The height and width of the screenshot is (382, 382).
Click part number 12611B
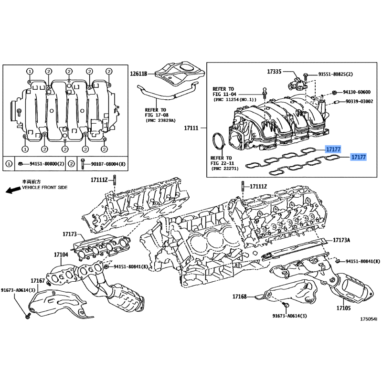click(138, 74)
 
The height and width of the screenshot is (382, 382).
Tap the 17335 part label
click(274, 72)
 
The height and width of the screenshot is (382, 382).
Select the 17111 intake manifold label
click(191, 128)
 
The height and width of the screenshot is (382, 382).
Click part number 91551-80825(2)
click(336, 74)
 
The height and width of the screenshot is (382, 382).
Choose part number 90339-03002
click(360, 101)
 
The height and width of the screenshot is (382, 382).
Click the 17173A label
click(341, 240)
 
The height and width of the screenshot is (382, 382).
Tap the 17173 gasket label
click(70, 234)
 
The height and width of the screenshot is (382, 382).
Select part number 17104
click(61, 255)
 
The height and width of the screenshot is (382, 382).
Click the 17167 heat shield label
click(38, 281)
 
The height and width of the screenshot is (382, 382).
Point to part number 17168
click(240, 297)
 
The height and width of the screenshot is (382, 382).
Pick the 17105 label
click(343, 308)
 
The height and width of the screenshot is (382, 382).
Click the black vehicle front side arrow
click(13, 190)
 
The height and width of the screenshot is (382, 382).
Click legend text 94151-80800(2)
click(47, 164)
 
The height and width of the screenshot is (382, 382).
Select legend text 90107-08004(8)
click(108, 164)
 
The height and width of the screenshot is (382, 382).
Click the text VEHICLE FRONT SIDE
click(44, 188)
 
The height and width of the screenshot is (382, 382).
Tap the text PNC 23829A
click(161, 121)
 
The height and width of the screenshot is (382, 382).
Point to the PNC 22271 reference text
click(225, 169)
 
